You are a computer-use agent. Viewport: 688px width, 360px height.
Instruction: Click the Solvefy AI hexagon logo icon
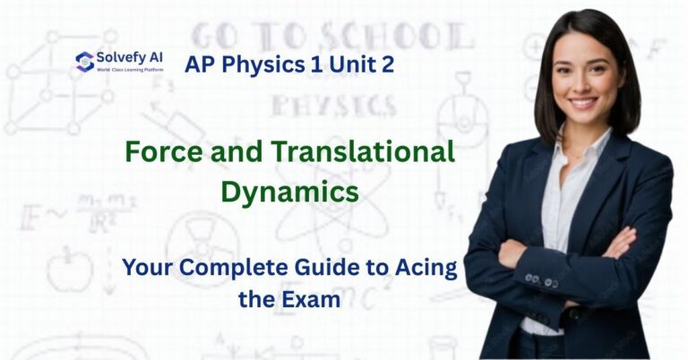point(85,62)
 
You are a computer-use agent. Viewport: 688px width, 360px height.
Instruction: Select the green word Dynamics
point(290,191)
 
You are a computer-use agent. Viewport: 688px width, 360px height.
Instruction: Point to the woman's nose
point(583,86)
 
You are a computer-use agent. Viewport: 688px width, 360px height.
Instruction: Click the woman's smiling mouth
point(583,103)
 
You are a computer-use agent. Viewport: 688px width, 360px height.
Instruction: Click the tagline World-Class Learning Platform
point(129,69)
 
